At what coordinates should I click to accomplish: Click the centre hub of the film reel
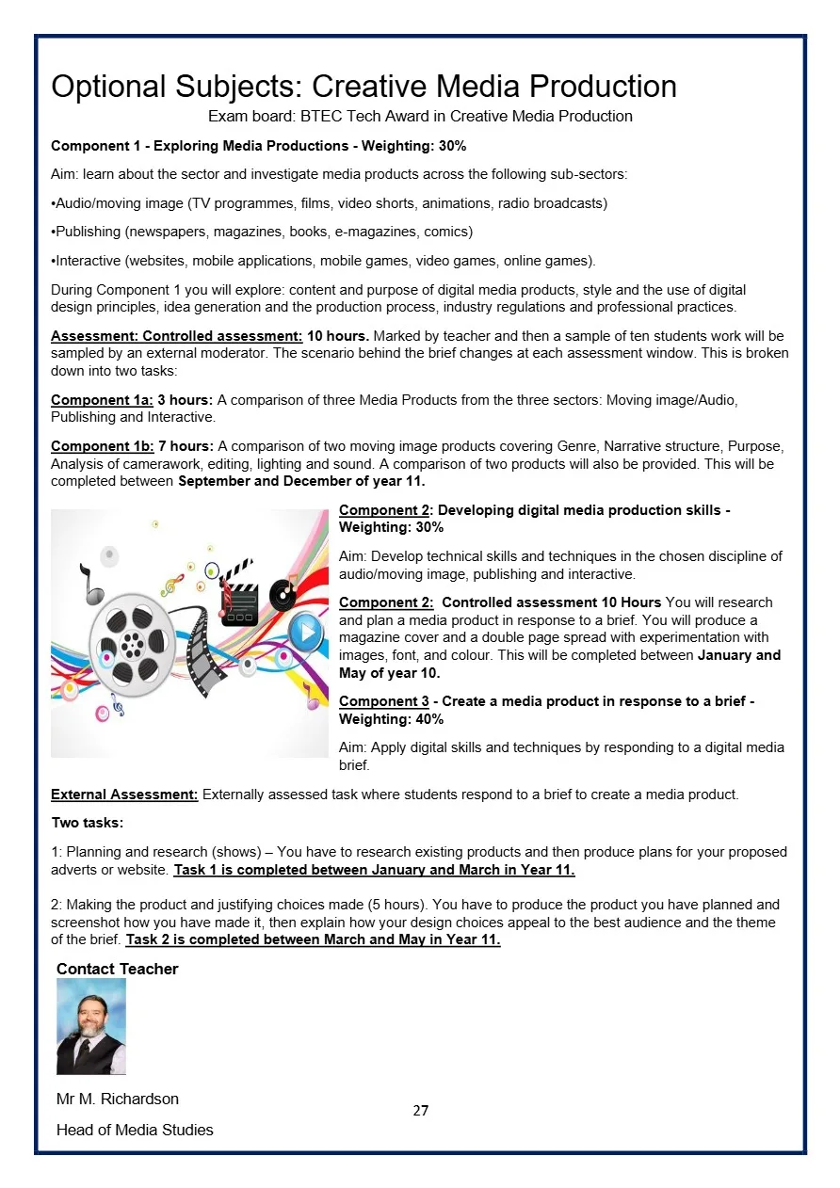tap(133, 646)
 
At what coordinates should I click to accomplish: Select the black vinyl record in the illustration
tap(283, 594)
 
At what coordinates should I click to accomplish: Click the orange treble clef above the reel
tap(172, 586)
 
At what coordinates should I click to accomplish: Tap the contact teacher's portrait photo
tap(91, 1026)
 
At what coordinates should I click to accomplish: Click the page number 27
tap(420, 1111)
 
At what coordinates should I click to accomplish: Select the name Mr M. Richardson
tap(118, 1099)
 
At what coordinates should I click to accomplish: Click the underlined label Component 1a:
tap(102, 400)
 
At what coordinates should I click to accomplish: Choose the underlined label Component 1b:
tap(102, 446)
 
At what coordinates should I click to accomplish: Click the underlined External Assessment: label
tap(124, 795)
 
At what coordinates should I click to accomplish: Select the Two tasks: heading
tap(87, 823)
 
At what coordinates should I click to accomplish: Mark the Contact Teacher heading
tap(118, 969)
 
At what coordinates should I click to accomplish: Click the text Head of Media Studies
tap(135, 1130)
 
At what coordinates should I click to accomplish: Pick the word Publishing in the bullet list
tap(88, 232)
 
